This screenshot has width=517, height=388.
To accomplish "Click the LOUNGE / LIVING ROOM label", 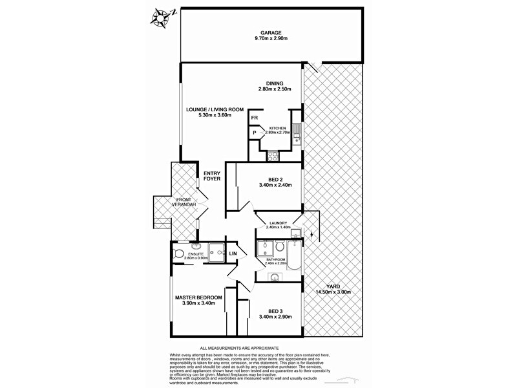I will coord(215,109).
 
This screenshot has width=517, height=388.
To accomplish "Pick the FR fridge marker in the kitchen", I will coord(255,118).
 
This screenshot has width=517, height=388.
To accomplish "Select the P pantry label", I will coord(255,133).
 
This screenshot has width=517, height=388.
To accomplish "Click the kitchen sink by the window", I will coord(297,134).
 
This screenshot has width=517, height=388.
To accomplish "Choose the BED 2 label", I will coord(275,179).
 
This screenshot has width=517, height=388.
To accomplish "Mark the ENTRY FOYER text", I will coord(212,176).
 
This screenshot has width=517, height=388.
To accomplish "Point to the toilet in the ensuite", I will coord(179,253).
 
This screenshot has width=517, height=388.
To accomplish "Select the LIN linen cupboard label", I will coord(233,253).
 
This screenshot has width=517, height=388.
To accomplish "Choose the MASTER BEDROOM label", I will coord(198,297).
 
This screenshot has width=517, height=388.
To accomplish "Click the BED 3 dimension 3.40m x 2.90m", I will coord(275,317).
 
